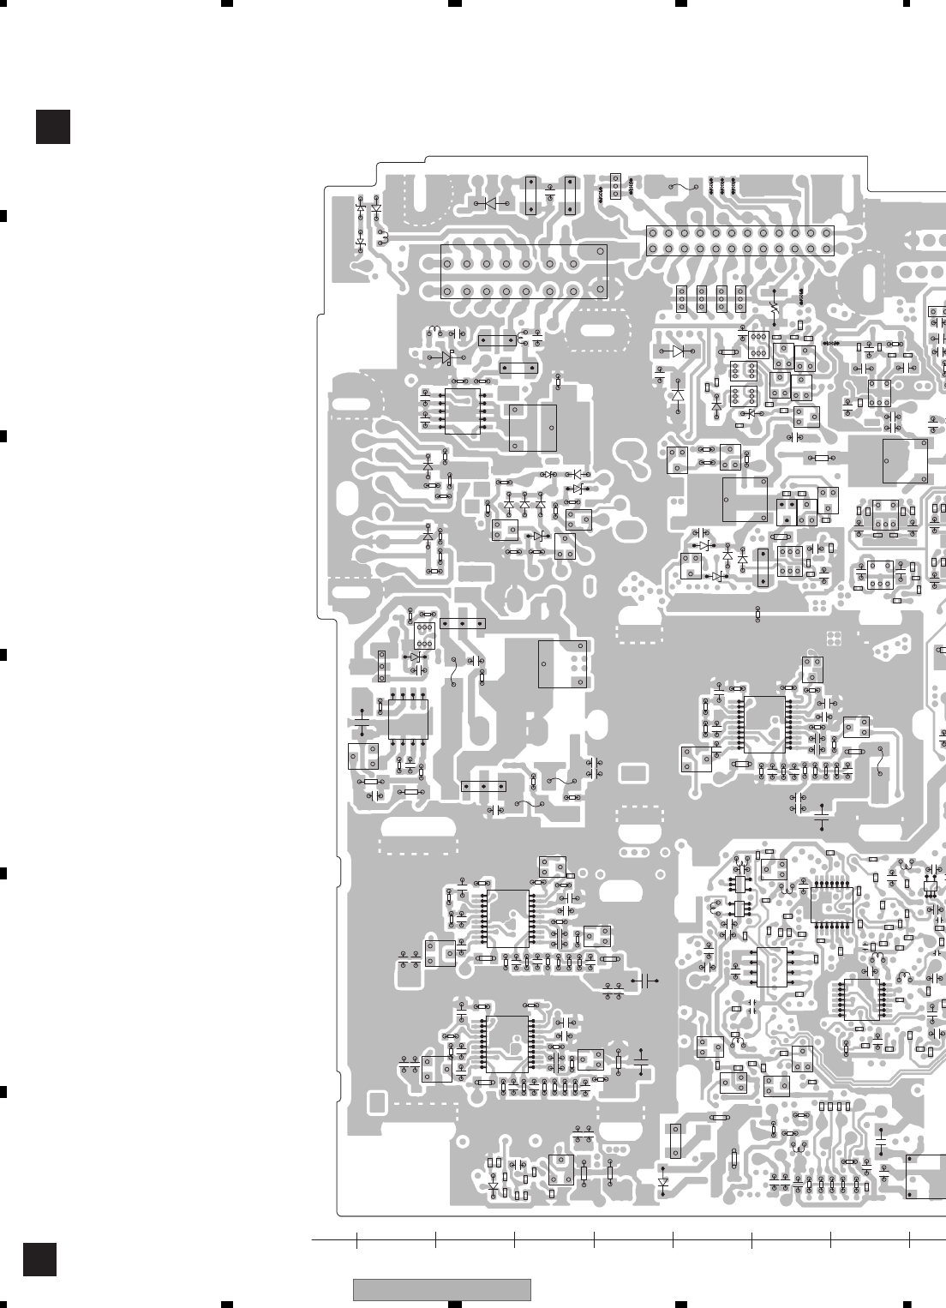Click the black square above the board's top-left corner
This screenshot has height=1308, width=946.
52,126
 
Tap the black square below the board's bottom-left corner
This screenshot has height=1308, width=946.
39,1259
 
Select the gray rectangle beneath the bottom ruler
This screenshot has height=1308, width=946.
441,1289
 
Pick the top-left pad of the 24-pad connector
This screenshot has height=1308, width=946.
653,233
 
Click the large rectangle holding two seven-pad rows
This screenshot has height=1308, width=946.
524,271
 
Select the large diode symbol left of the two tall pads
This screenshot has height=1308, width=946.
491,203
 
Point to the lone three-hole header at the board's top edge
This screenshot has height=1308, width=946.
614,184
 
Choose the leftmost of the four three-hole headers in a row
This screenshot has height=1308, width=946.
682,297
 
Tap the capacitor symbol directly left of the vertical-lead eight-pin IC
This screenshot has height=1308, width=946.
362,727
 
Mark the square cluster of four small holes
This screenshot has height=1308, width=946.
832,638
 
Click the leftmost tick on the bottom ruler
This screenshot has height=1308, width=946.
356,1239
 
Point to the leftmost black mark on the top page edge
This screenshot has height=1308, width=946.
227,3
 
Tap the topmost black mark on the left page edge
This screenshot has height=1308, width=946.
3,215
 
